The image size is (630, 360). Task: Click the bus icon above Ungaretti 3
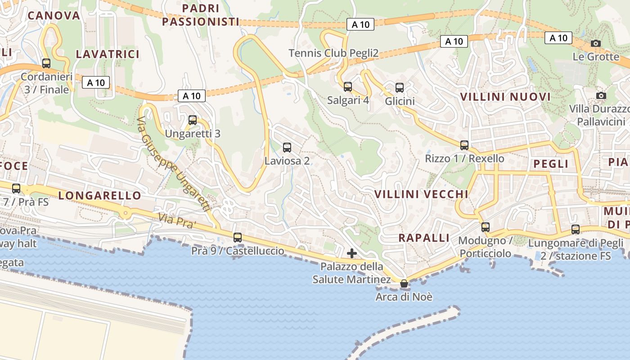point(193,120)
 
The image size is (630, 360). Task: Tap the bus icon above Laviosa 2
point(287,147)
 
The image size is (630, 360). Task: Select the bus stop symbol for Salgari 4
point(348,86)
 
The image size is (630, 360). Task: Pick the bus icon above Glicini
point(400,87)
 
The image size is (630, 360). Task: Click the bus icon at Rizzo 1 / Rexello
point(464,145)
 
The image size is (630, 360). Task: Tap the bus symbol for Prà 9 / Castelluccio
point(238,237)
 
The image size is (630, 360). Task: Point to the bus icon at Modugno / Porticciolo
point(485,227)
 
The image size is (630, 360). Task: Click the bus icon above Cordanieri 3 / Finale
point(46,63)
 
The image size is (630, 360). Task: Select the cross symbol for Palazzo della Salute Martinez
point(352,253)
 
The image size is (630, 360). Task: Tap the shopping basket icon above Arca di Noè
point(404,283)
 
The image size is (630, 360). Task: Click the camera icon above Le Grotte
point(596,43)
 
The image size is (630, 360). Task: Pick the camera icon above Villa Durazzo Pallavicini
point(601,95)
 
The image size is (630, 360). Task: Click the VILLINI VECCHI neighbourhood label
point(421,194)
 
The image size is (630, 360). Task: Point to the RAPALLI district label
point(424,238)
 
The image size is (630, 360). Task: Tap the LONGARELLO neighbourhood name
point(99,195)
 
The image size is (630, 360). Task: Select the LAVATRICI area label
point(108,54)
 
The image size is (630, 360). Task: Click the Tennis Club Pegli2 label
point(333,53)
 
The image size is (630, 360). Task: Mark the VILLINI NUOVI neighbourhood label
point(505,97)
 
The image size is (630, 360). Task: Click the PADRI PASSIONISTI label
point(201,15)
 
